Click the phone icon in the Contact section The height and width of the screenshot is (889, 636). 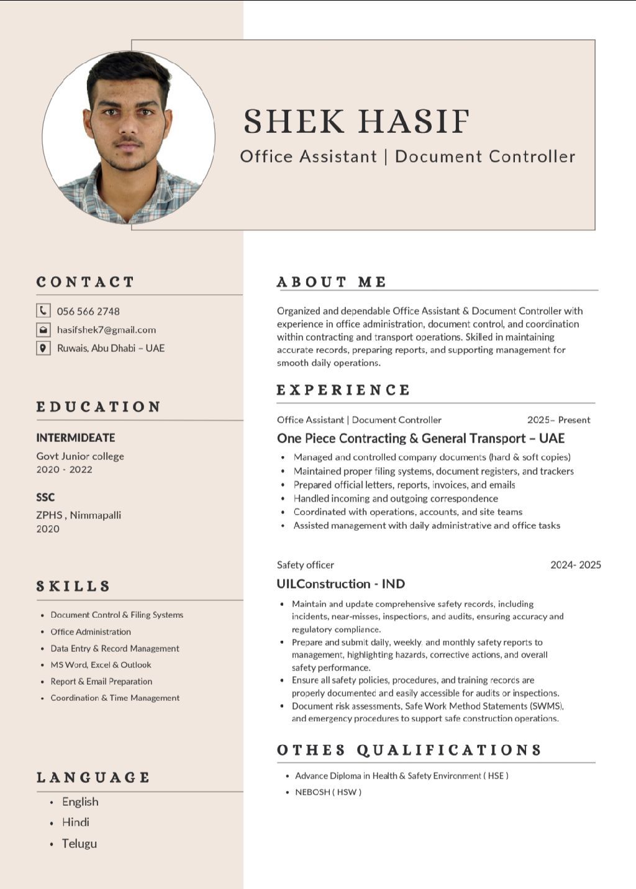pos(43,310)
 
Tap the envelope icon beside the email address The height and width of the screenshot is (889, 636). pos(43,330)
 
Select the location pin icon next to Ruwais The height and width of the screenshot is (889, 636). pos(43,348)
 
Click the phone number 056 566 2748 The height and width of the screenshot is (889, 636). pos(88,311)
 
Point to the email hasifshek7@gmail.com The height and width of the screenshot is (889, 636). pos(106,330)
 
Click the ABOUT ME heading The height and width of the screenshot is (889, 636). pos(332,282)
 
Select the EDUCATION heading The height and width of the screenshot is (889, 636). pos(99,407)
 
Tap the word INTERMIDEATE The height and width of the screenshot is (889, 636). pos(75,438)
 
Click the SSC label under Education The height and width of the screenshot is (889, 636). pos(45,497)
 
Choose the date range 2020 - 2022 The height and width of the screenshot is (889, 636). pos(64,469)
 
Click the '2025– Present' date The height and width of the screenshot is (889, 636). pos(558,420)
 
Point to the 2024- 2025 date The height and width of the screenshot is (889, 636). pos(576,564)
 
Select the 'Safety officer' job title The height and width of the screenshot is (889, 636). pos(306,564)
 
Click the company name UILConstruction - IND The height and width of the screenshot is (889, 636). pos(341,584)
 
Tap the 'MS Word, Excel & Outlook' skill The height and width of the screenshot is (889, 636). pos(101,664)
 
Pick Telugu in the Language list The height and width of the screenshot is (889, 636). pos(79,843)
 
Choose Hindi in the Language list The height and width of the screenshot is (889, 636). pos(76,822)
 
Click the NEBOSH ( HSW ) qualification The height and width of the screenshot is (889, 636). pos(328,792)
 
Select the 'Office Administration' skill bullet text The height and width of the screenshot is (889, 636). pos(91,631)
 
